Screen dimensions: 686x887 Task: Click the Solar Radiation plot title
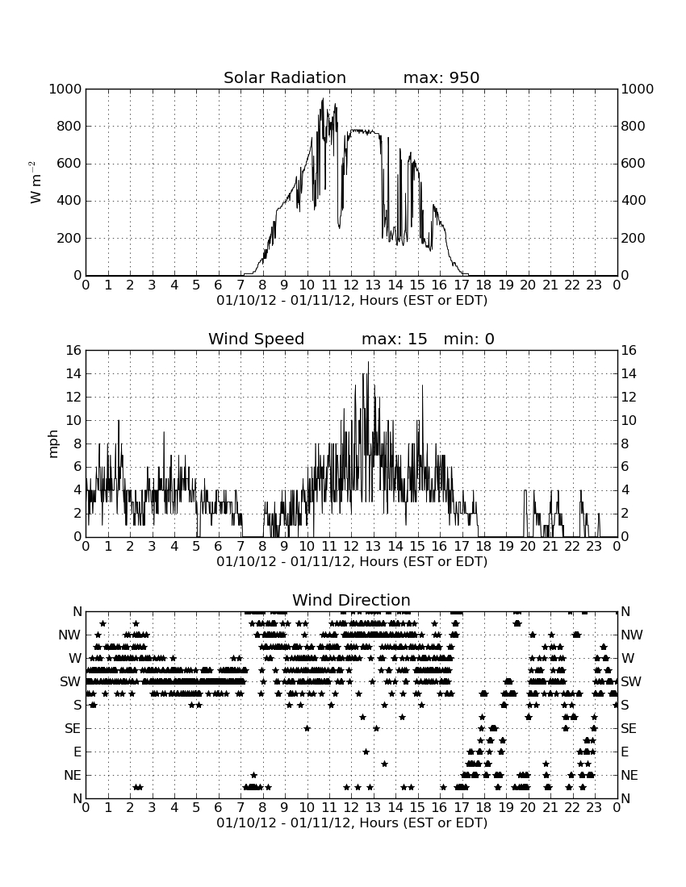click(x=285, y=77)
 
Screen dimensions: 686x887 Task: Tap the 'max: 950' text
click(x=441, y=77)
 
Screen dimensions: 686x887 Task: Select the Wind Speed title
click(x=257, y=339)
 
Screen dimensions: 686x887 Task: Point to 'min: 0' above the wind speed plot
click(x=469, y=339)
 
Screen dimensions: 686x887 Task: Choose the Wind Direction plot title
click(x=352, y=600)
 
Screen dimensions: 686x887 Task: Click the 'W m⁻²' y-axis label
click(x=35, y=182)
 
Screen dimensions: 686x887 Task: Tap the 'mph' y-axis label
click(x=53, y=444)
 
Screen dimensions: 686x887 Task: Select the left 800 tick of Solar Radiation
click(x=69, y=126)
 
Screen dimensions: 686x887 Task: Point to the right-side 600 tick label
click(x=634, y=164)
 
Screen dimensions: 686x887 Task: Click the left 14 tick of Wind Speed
click(x=74, y=374)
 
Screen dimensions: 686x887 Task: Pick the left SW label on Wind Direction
click(x=70, y=681)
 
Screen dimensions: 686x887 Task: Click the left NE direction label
click(x=73, y=776)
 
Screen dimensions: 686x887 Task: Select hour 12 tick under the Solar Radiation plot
click(x=351, y=285)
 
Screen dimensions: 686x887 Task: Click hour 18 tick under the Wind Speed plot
click(x=484, y=547)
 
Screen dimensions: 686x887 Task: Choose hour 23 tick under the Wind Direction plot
click(x=594, y=808)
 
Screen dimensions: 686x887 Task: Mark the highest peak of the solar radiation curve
click(x=323, y=99)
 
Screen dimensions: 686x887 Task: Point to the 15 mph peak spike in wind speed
click(x=369, y=363)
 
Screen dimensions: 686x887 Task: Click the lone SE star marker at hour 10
click(x=307, y=729)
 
